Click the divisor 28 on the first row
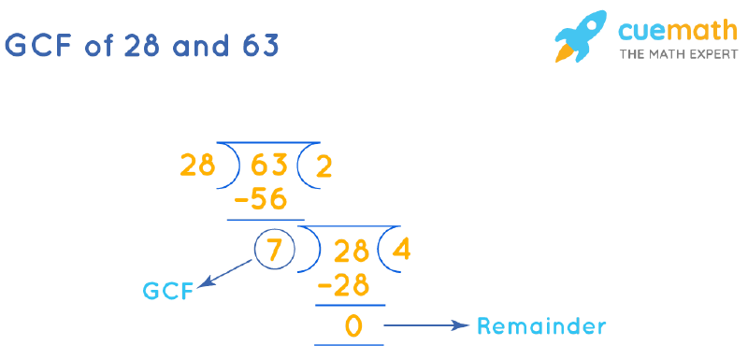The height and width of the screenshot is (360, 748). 197,167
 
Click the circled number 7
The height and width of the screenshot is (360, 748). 274,251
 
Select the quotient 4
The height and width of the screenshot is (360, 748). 402,251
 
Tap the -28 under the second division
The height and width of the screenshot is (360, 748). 344,284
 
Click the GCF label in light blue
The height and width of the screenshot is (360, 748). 168,292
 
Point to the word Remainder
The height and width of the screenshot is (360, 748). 541,326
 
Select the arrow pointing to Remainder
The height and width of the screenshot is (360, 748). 425,326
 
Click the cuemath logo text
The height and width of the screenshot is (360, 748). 665,31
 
